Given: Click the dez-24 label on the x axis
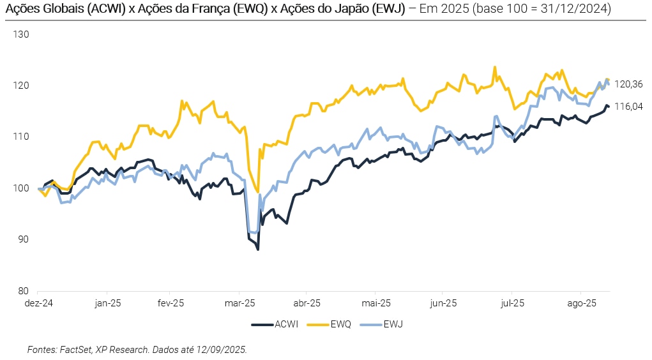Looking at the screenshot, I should [38, 303].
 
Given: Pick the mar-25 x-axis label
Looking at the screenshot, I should [240, 303].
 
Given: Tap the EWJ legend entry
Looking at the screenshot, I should [393, 324].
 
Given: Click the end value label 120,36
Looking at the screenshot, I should [629, 85].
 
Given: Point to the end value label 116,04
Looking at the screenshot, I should [629, 107].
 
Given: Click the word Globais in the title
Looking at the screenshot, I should [57, 10].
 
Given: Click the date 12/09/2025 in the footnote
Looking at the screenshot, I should [222, 350].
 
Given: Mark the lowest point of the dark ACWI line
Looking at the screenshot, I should [258, 249].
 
